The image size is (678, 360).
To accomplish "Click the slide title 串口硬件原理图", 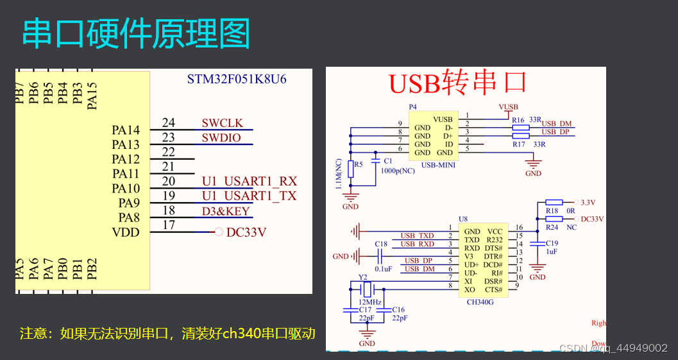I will (x=136, y=34).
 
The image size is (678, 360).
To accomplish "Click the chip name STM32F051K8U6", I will (x=237, y=80).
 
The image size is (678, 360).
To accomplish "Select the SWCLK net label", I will (x=223, y=123).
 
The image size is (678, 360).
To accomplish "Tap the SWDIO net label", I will (x=221, y=138).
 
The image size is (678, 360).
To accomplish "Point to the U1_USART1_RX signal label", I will (x=250, y=182).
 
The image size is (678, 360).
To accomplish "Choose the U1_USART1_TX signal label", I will (x=250, y=196).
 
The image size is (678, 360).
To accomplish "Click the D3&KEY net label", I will (x=226, y=211).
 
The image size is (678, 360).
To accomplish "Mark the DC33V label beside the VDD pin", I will (x=246, y=232).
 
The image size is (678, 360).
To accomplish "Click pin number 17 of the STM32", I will (x=169, y=225).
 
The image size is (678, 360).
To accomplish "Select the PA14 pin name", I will (x=126, y=130).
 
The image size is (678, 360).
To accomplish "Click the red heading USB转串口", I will (x=458, y=83).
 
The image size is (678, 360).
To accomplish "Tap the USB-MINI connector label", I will (x=438, y=165).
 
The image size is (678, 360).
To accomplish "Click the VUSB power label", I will (x=508, y=107).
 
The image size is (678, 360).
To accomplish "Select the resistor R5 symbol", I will (x=351, y=169).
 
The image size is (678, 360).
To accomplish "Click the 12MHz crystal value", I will (x=370, y=302).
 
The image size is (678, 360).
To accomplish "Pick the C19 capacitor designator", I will (x=552, y=243).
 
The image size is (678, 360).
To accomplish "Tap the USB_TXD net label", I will (x=417, y=236).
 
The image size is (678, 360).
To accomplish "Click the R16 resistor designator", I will (x=518, y=120).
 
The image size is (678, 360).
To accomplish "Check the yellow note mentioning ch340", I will (x=168, y=334).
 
